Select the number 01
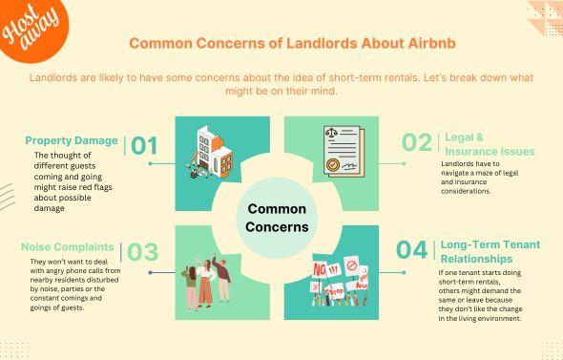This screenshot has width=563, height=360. click(x=143, y=145)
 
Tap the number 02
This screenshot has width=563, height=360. click(x=417, y=143)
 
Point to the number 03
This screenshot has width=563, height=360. click(x=143, y=252)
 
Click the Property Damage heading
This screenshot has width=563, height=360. click(x=72, y=140)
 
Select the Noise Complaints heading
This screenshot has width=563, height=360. click(x=68, y=246)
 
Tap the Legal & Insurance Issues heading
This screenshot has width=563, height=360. click(x=490, y=144)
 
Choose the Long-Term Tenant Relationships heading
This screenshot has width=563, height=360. click(x=490, y=250)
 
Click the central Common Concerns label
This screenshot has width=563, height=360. click(x=278, y=218)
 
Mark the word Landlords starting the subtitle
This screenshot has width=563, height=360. click(x=55, y=77)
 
